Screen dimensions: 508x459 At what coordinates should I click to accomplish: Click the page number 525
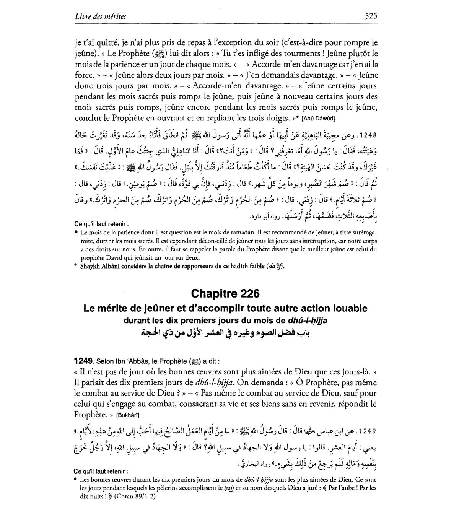coord(371,16)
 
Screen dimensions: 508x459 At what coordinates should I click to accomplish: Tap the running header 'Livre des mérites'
coord(101,16)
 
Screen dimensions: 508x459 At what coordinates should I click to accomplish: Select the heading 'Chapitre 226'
coord(225,293)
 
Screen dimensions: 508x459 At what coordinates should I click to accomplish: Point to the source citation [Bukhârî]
coord(128,415)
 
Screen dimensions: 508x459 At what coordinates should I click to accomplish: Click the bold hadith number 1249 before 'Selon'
coord(84,361)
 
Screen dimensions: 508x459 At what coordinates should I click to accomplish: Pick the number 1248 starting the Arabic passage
coord(367,135)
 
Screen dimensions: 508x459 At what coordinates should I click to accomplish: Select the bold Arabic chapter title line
coord(225,333)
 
